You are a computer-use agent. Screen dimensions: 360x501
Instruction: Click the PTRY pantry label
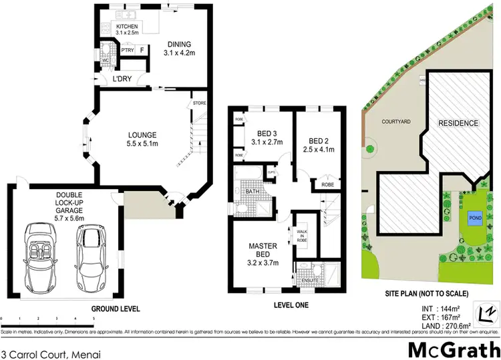click(126, 50)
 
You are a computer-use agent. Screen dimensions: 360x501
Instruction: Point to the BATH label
click(252, 192)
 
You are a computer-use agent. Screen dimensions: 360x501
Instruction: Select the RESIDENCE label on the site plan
click(458, 124)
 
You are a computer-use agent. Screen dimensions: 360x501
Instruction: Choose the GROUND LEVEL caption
click(116, 309)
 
